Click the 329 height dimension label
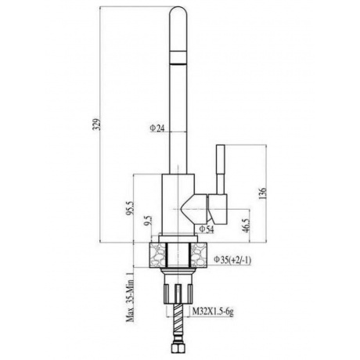[x=97, y=124]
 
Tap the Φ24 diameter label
[x=157, y=128]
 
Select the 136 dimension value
[x=263, y=193]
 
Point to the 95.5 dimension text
[x=130, y=208]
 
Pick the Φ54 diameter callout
[x=207, y=229]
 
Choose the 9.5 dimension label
[x=149, y=221]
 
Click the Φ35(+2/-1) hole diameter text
[x=232, y=260]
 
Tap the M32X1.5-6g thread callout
[x=213, y=311]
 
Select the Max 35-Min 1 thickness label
[x=130, y=297]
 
